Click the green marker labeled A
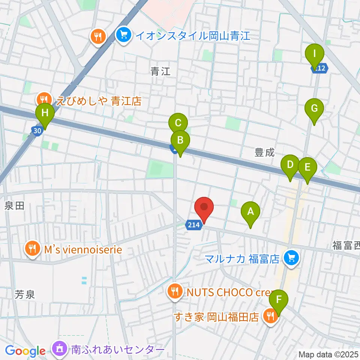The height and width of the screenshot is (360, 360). [x=250, y=212]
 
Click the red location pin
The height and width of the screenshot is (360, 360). [x=204, y=207]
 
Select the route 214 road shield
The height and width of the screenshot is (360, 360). [x=194, y=225]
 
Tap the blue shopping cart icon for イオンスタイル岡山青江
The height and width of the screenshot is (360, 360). [x=123, y=36]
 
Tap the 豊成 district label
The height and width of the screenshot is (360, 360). [x=265, y=153]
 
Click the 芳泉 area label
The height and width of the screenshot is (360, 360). [x=25, y=294]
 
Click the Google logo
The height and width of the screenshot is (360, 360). [x=25, y=351]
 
